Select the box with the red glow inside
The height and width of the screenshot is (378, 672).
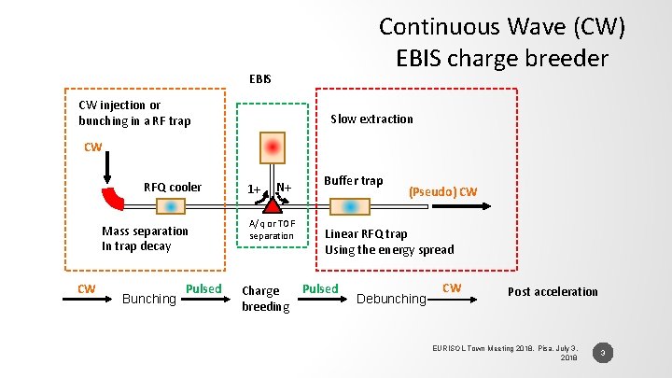[272, 147]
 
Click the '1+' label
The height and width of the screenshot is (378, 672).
[253, 189]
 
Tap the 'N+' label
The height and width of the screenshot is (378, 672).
[284, 188]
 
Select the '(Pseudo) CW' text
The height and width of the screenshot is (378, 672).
[443, 191]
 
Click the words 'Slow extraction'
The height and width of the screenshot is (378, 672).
[371, 119]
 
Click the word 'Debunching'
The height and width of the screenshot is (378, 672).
[392, 299]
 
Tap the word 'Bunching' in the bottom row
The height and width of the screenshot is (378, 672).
[149, 299]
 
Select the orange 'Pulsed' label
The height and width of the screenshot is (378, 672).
[203, 288]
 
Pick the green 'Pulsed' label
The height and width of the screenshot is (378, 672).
[320, 288]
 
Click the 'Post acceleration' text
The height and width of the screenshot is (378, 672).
[553, 291]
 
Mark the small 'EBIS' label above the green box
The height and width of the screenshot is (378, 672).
[260, 78]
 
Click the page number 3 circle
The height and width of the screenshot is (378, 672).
[604, 353]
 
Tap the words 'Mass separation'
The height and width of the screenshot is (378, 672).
[145, 231]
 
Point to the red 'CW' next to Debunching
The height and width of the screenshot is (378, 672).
[451, 287]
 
